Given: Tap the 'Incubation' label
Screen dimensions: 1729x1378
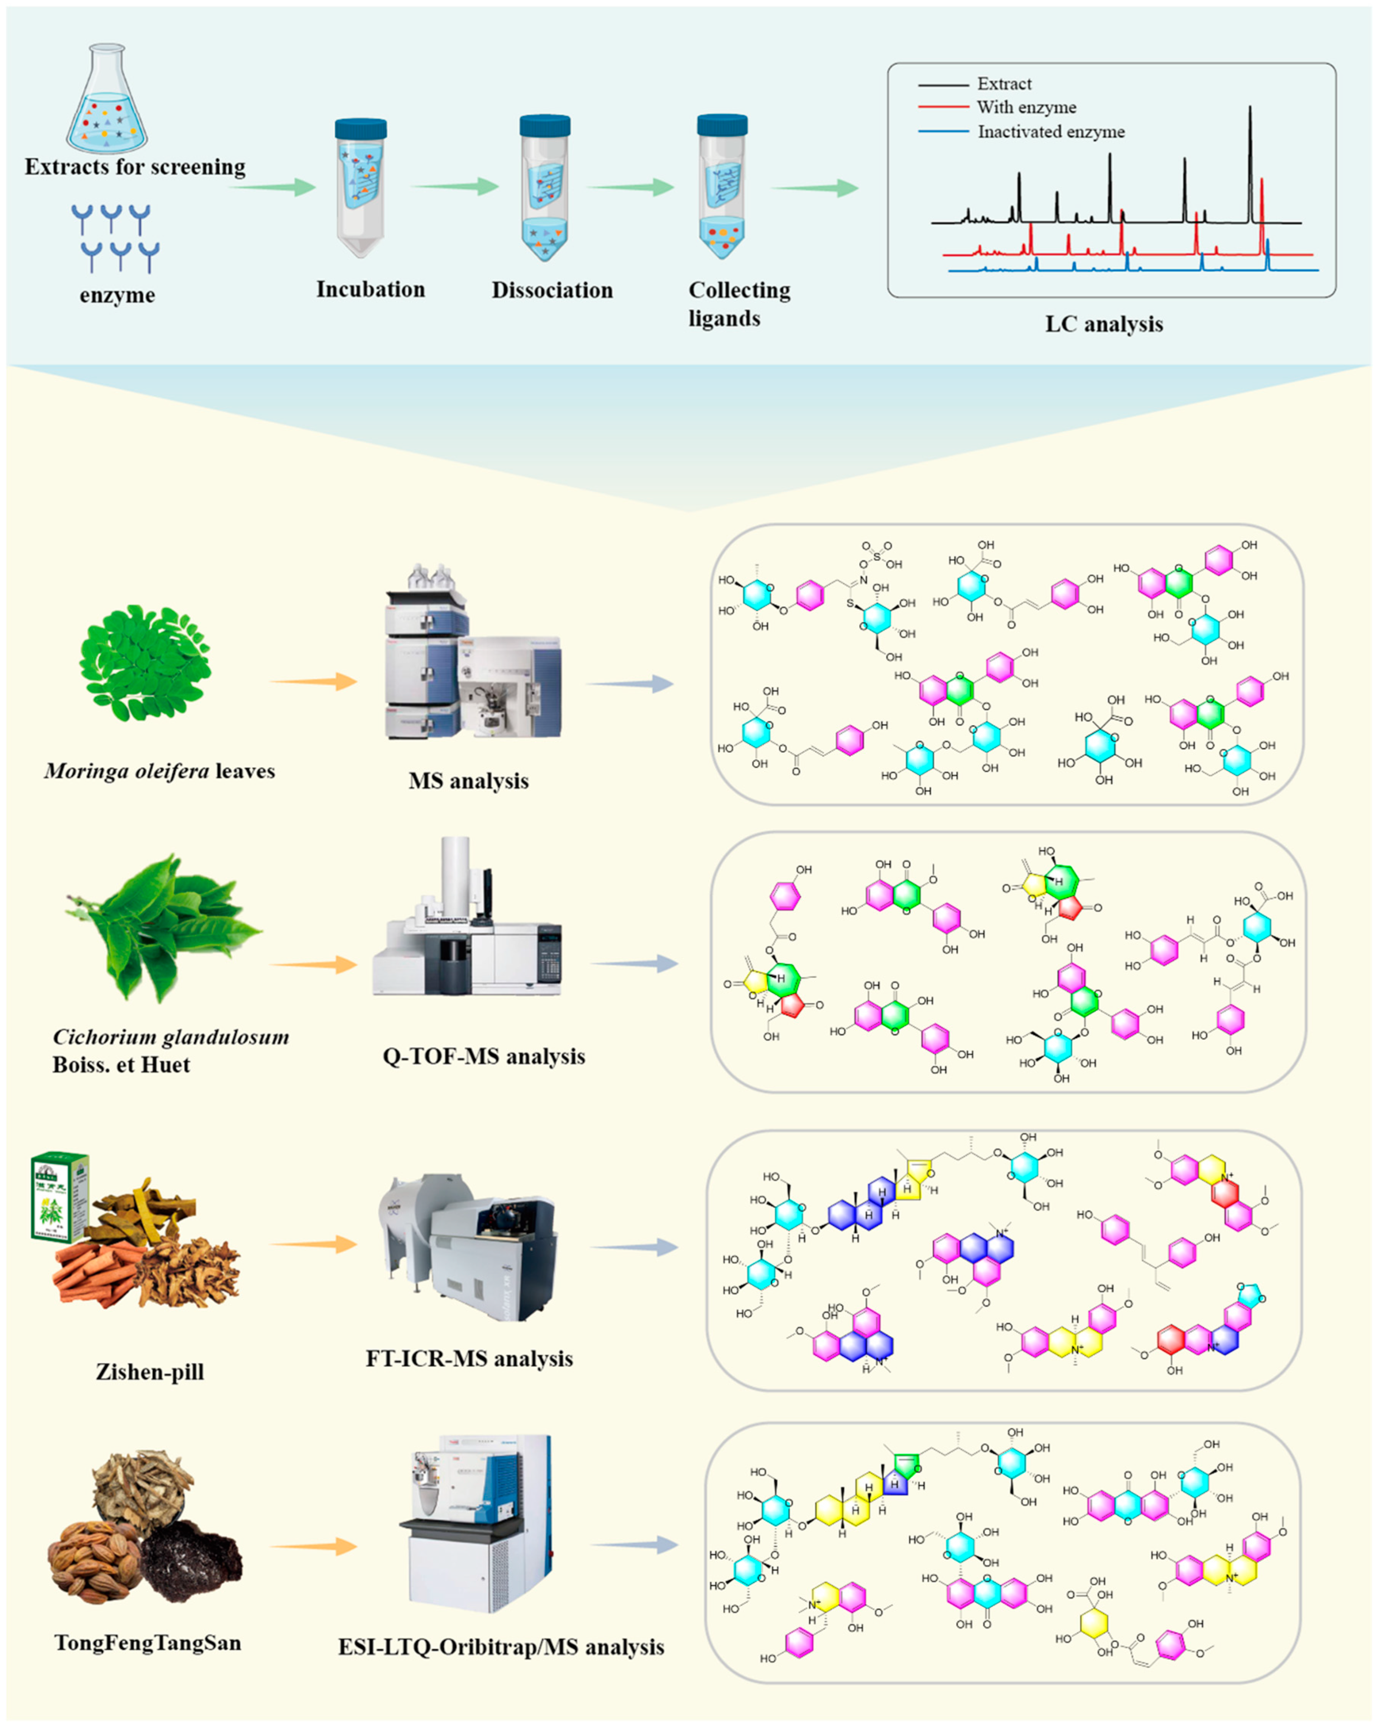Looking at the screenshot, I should click(370, 290).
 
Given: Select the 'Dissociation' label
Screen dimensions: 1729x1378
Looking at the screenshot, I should click(552, 290).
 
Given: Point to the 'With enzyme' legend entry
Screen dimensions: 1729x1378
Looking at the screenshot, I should click(1026, 107).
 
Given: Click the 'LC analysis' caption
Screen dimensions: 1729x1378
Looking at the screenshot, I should click(1104, 324).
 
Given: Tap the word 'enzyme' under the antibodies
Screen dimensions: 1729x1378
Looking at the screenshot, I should click(117, 295).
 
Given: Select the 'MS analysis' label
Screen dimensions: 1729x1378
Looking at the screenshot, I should click(468, 780).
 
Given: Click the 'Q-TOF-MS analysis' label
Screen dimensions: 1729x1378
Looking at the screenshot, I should click(484, 1056).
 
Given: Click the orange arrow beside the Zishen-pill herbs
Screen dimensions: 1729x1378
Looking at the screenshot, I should click(313, 1244).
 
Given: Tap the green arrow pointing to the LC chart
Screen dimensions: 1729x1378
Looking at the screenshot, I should click(814, 188).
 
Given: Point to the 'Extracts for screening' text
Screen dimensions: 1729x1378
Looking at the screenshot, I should click(135, 167).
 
